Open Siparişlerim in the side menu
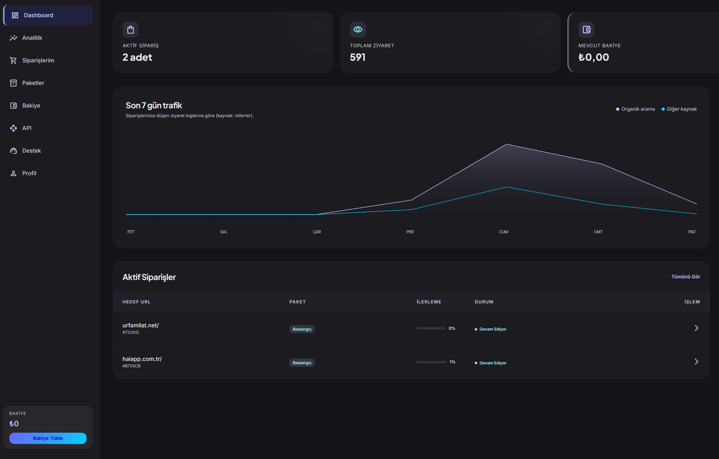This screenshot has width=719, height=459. (x=32, y=60)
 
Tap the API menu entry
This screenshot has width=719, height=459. (x=21, y=128)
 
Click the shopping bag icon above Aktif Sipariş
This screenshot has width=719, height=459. (x=131, y=30)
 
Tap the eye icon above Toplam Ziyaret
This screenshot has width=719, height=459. (x=358, y=30)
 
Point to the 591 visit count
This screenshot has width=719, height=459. (x=357, y=57)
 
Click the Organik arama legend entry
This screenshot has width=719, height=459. (x=635, y=109)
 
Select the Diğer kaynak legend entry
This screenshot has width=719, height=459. (x=679, y=109)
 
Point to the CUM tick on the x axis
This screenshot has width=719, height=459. (x=504, y=232)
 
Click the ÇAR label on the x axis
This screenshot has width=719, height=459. (x=317, y=232)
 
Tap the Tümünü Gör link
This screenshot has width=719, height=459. (x=686, y=277)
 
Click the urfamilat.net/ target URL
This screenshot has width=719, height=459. (x=141, y=325)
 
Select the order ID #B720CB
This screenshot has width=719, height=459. (x=131, y=366)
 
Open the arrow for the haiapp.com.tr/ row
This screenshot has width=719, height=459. (x=696, y=362)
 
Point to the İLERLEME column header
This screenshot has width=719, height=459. (x=429, y=302)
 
